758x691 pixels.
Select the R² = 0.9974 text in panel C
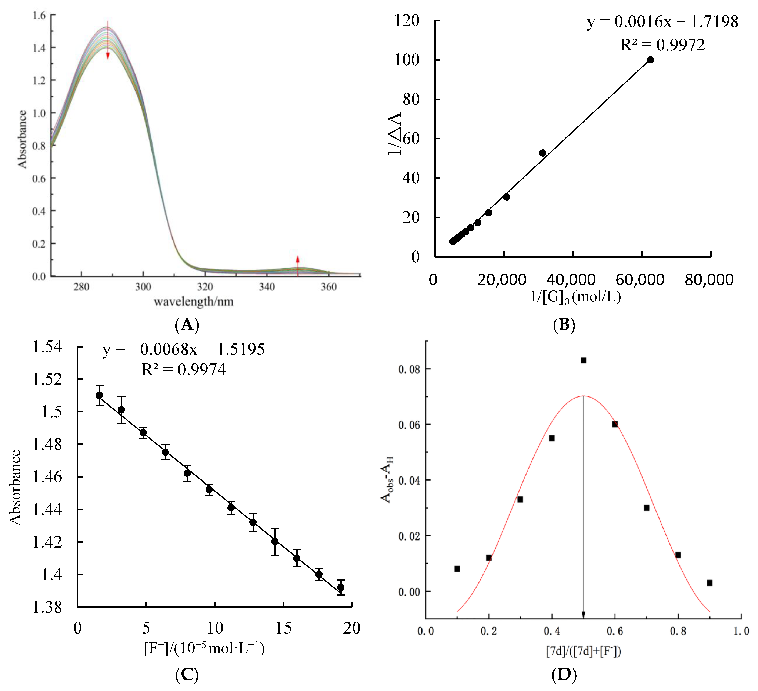click(x=183, y=370)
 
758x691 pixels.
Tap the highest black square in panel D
click(x=583, y=360)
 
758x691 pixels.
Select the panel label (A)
click(x=187, y=324)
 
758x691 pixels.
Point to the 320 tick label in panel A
click(x=205, y=287)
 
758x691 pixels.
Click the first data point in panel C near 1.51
click(x=99, y=395)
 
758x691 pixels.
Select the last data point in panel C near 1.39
click(x=341, y=587)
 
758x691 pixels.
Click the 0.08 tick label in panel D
click(x=409, y=369)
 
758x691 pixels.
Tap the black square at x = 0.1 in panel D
click(x=457, y=569)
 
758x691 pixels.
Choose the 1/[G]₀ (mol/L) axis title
click(x=575, y=297)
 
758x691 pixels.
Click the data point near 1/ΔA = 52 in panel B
click(x=542, y=153)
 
